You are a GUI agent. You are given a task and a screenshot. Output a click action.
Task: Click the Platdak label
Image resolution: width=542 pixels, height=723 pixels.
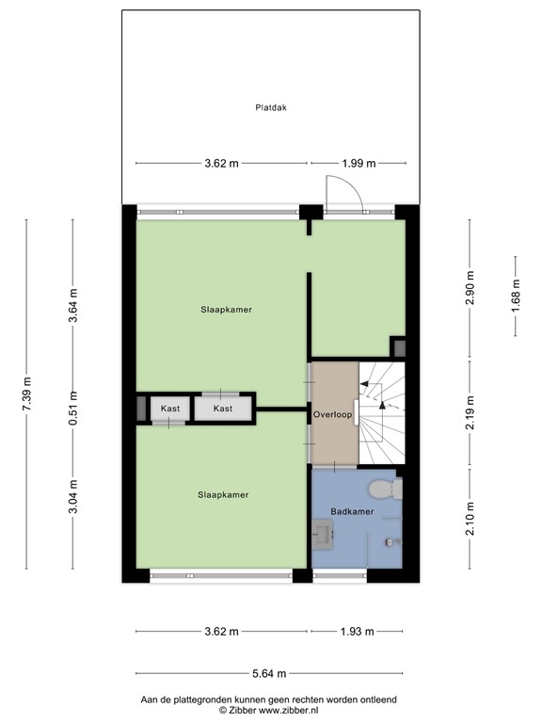(x=270, y=107)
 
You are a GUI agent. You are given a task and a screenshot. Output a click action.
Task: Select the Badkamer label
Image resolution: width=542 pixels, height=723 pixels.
(x=352, y=511)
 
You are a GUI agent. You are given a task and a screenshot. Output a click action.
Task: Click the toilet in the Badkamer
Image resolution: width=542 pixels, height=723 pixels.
(x=382, y=489)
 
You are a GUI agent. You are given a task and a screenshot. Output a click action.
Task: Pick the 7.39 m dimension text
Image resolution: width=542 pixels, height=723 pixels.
(x=27, y=394)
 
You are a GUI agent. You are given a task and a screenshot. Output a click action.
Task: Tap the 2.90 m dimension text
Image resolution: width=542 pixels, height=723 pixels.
(x=470, y=286)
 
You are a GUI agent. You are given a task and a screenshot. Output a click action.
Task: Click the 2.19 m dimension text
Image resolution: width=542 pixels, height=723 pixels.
(x=470, y=413)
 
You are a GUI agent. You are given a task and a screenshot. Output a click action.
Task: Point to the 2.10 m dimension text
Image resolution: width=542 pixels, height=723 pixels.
(x=470, y=519)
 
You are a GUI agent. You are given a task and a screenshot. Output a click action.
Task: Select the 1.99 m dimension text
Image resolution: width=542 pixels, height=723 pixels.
(x=357, y=163)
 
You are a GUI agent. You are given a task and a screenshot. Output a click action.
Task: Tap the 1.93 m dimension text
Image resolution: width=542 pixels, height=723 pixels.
(x=357, y=631)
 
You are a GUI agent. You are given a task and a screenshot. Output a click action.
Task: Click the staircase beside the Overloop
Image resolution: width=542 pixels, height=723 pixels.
(x=381, y=413)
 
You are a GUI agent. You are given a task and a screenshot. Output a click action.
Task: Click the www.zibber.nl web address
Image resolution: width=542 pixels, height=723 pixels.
(x=292, y=711)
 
